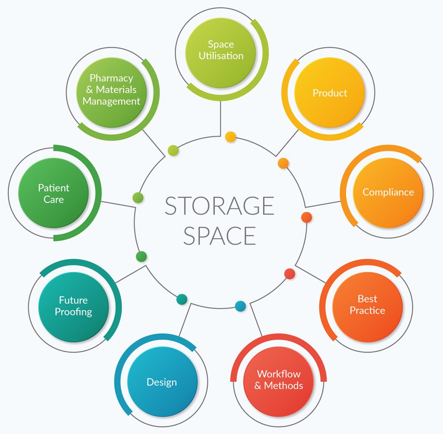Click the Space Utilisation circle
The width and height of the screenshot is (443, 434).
221,53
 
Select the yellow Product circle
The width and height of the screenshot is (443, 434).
329,92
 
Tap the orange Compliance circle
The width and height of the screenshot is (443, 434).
388,192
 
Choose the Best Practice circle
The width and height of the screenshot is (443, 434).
368,307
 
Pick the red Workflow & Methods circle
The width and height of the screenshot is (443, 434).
279,381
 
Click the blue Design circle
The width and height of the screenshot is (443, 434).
162,382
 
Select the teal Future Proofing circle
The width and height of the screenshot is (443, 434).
74,307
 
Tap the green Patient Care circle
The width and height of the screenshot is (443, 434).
53,193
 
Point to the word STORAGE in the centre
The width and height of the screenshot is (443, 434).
219,206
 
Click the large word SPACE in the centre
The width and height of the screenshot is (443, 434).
219,236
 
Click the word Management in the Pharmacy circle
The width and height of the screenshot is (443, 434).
111,101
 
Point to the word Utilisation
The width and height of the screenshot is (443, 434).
221,56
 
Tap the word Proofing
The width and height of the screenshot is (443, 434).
74,312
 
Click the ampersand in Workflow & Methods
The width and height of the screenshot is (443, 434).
258,386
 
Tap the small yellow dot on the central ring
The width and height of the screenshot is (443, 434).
230,137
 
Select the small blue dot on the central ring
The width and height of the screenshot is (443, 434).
240,306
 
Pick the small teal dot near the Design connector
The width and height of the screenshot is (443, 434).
182,299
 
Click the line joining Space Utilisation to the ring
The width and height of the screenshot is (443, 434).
220,119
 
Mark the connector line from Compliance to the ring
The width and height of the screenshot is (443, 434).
323,204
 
